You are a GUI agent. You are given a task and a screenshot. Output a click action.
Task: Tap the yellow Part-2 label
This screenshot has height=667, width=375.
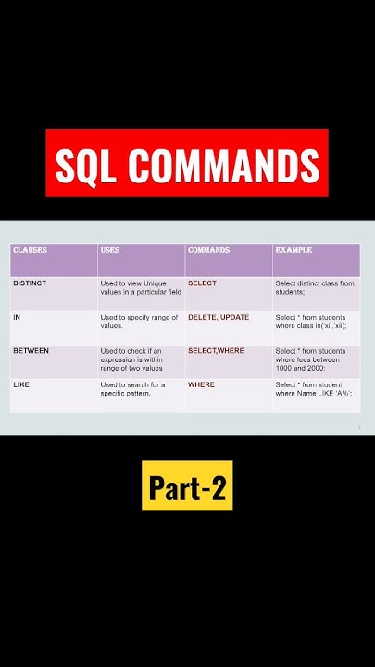click(187, 486)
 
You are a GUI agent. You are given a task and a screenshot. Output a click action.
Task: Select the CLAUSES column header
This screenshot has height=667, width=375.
click(31, 250)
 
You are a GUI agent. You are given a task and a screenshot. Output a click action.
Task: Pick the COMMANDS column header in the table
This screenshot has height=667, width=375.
click(207, 250)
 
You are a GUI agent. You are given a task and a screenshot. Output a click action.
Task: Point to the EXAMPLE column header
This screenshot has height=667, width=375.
click(294, 250)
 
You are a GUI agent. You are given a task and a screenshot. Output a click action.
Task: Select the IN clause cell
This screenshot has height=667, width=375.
click(17, 317)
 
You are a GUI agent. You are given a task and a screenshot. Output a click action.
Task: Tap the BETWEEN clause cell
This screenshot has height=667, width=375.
click(31, 351)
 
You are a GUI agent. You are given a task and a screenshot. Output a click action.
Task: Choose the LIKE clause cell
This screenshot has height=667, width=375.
click(21, 384)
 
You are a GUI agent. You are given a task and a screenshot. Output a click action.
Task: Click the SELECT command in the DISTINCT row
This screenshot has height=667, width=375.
click(202, 283)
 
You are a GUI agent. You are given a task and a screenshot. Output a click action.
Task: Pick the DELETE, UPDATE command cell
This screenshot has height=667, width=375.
click(219, 317)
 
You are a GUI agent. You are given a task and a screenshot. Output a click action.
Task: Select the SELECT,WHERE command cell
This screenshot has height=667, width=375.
click(216, 351)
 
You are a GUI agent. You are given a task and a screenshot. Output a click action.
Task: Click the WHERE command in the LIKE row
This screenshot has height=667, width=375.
click(201, 384)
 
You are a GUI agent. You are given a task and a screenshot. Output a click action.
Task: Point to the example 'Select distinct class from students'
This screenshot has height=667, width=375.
click(314, 287)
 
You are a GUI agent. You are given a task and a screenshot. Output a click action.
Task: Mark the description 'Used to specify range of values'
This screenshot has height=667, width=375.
click(139, 321)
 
